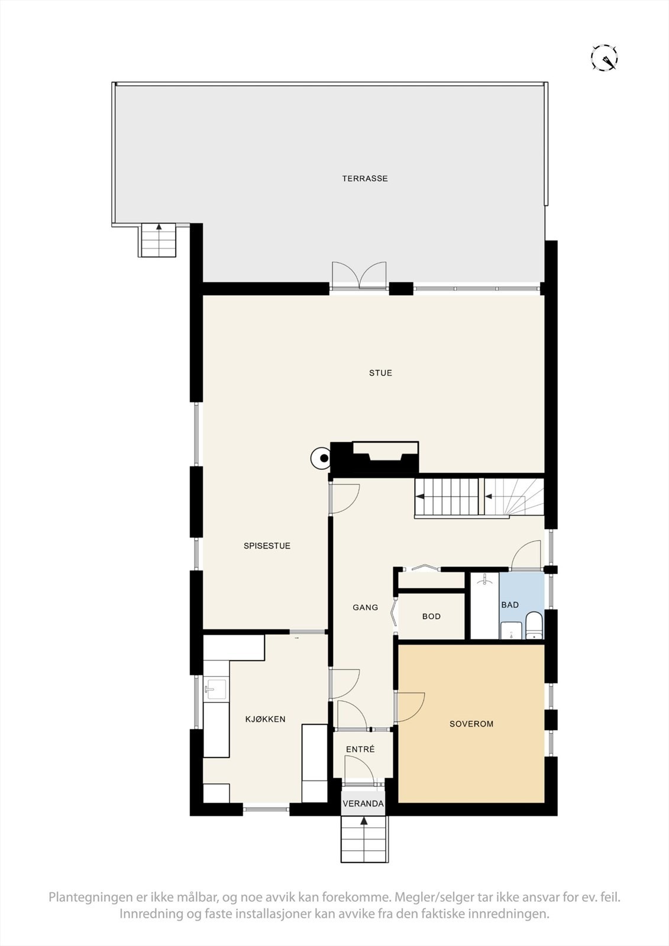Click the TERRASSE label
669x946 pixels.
[x=364, y=178]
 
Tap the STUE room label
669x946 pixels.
[x=380, y=373]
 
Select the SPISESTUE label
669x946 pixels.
[x=267, y=546]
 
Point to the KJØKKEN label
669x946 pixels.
[x=266, y=719]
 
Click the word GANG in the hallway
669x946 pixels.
[x=365, y=607]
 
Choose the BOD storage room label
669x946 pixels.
[x=431, y=616]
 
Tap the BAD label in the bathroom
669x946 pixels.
[x=509, y=604]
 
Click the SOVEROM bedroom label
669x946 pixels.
[x=471, y=724]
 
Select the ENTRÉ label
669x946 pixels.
[x=360, y=749]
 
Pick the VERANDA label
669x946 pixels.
[x=363, y=804]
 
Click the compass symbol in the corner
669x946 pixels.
[x=605, y=58]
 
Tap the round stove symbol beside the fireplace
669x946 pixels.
[x=322, y=458]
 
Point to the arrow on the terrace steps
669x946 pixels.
[x=159, y=227]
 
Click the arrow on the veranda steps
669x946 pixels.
[x=364, y=821]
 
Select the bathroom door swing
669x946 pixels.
[x=526, y=555]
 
